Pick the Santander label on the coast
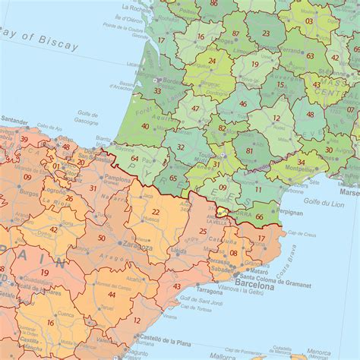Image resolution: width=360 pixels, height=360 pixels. [x=15, y=120]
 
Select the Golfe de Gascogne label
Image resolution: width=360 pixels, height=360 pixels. [x=88, y=118]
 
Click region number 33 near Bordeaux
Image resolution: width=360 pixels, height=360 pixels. [x=157, y=90]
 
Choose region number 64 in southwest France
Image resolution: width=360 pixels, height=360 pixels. [x=134, y=158]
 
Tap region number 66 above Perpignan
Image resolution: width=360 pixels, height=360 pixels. [x=260, y=217]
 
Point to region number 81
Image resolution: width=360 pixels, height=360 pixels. [x=249, y=151]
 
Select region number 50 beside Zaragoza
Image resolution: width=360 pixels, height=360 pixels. [x=102, y=238]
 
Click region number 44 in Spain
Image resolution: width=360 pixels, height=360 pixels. [x=112, y=294]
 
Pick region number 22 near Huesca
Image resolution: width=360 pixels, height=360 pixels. [x=155, y=212]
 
